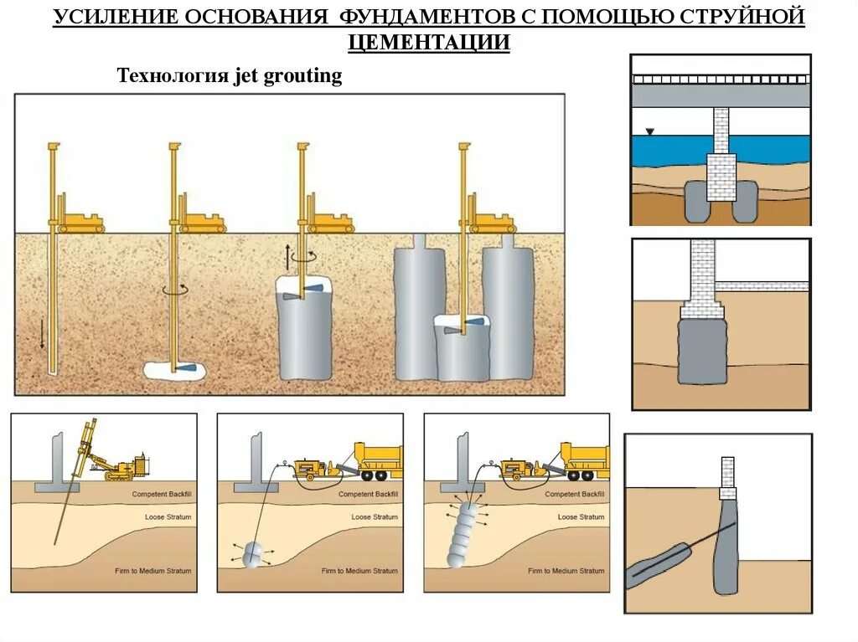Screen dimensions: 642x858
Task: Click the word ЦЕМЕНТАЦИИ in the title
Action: (428, 42)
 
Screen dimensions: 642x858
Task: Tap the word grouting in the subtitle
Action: (302, 76)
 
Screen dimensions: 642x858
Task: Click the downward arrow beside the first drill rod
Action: (41, 333)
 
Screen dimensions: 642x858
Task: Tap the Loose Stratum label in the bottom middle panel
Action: (374, 517)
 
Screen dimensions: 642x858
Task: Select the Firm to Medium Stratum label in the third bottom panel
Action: (566, 571)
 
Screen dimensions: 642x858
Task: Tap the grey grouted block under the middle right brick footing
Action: (702, 350)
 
